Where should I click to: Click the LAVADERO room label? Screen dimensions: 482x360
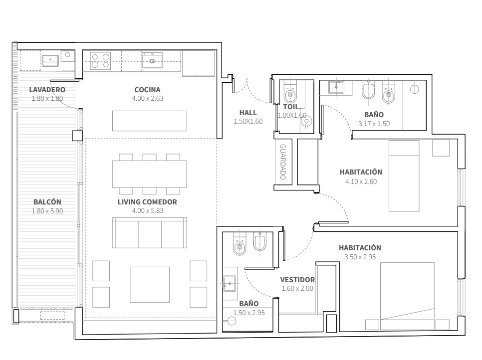[47, 90]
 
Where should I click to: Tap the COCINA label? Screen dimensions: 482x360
[148, 90]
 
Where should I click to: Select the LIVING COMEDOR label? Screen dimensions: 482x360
[147, 202]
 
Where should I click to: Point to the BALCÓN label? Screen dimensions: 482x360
[47, 202]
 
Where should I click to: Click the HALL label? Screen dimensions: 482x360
[248, 113]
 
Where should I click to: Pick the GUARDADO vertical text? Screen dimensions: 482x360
[283, 162]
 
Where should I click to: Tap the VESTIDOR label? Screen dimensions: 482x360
[297, 280]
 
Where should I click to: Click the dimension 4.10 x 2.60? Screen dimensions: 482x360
[361, 181]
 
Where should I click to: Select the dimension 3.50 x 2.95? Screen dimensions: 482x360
[360, 257]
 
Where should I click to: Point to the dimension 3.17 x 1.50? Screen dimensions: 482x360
[374, 124]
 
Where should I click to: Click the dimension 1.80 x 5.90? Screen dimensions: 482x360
[47, 211]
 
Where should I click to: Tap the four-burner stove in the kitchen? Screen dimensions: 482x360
[100, 61]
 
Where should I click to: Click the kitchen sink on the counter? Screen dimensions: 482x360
[152, 60]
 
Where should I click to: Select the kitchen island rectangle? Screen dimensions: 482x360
[149, 121]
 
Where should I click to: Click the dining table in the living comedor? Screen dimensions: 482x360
[149, 174]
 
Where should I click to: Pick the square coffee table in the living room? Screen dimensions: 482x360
[150, 285]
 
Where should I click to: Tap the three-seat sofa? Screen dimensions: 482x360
[149, 233]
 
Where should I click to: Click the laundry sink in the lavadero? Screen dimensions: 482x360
[50, 60]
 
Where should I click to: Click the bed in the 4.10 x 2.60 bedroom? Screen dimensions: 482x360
[404, 176]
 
